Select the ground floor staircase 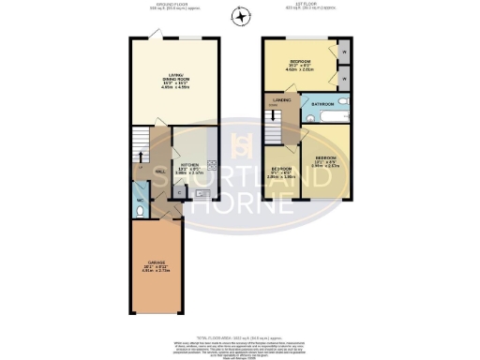(140, 145)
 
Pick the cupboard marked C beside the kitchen (179, 192)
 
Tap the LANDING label (279, 100)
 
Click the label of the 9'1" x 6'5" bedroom (281, 171)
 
